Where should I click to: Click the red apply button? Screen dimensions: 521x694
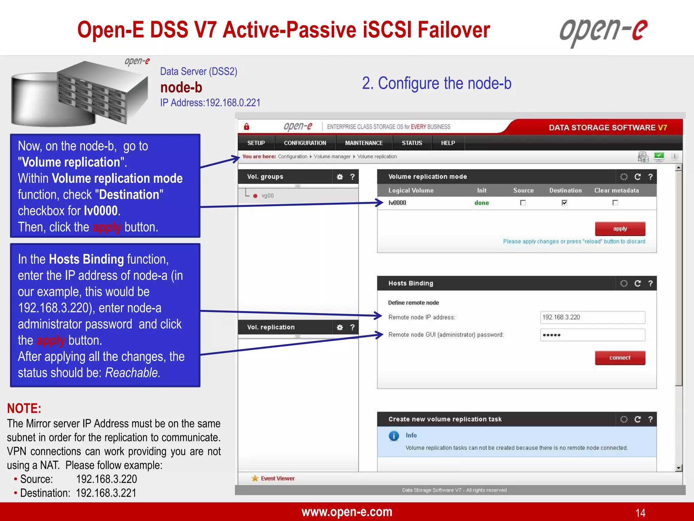620,229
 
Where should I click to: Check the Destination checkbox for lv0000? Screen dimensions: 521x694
564,203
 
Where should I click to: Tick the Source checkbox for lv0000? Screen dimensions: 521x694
523,203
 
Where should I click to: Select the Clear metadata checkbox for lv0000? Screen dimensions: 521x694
615,203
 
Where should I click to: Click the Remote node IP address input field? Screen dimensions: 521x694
592,317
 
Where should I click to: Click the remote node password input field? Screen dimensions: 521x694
592,335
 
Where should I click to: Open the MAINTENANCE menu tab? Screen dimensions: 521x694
364,143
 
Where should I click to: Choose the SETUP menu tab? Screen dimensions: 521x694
256,143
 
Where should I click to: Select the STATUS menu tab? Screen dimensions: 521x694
412,143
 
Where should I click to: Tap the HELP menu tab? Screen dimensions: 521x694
448,143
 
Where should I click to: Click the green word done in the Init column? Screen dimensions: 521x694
482,203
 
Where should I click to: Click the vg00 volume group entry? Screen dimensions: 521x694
267,196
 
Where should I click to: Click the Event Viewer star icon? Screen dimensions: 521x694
255,479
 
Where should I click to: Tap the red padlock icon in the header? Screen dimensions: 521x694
247,127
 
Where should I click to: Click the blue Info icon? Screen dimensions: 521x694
394,436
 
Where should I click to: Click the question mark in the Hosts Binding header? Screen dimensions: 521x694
650,284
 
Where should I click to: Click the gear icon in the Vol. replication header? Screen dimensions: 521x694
340,327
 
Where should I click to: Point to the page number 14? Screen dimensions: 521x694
640,513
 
